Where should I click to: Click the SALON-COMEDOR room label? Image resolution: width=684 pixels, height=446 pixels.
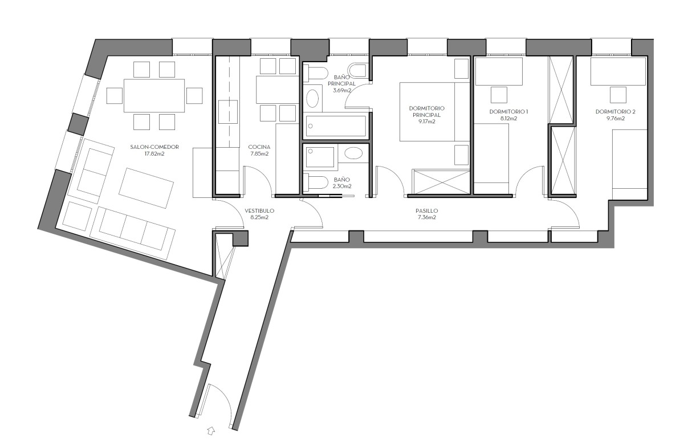154,147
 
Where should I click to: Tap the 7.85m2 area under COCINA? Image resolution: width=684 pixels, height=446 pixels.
259,154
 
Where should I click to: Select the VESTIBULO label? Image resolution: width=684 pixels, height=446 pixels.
259,211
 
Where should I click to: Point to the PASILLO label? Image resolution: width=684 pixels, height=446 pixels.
426,211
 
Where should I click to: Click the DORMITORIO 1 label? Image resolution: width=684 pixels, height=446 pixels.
508,112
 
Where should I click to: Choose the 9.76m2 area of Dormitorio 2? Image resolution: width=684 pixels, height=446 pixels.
615,119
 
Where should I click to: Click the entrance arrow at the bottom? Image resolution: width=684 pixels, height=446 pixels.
211,431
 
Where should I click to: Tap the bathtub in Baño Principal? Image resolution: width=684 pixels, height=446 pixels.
336,125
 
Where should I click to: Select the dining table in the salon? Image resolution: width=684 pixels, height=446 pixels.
154,96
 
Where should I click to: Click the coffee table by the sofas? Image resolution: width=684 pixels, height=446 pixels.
146,188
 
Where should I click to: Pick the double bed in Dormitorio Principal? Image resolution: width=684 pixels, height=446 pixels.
434,112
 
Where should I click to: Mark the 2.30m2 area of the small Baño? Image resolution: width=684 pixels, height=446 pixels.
342,186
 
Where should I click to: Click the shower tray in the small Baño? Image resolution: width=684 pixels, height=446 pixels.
320,157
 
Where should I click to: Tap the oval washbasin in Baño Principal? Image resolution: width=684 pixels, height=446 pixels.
312,98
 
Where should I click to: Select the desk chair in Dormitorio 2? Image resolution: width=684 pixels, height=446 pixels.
618,95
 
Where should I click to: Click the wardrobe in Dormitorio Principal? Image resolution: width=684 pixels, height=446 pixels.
441,182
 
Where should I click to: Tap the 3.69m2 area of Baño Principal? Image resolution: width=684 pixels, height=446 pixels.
342,91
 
